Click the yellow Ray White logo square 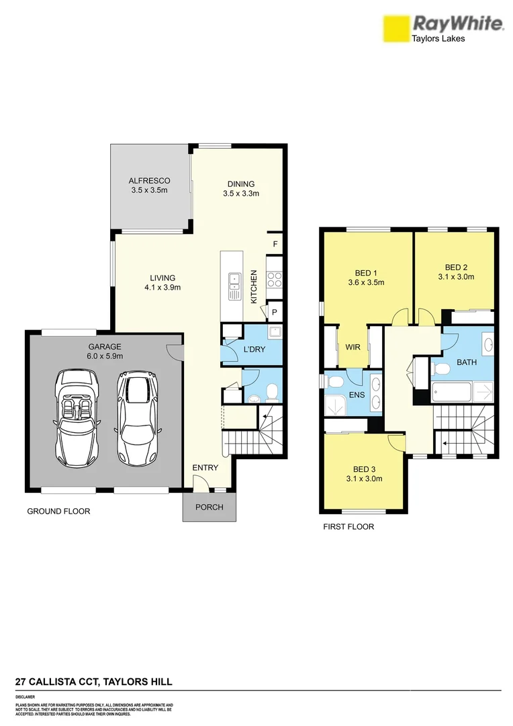point(396,28)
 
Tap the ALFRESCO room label point(149,181)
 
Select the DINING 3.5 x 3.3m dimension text point(241,194)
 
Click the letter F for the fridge point(275,243)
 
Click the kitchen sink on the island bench point(234,286)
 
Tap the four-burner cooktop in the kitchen point(274,278)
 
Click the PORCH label point(209,507)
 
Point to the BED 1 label point(365,273)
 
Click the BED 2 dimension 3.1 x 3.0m point(457,276)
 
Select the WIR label point(353,348)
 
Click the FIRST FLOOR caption point(348,527)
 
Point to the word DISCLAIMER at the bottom point(25,697)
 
